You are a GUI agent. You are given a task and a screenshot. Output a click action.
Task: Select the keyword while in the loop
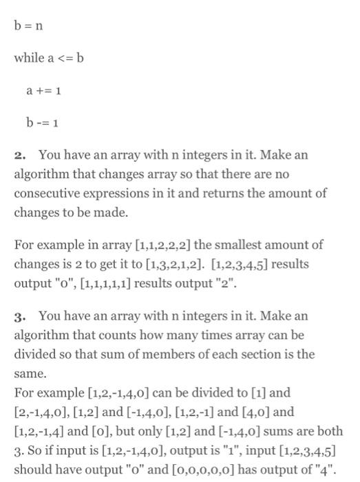[x=28, y=58]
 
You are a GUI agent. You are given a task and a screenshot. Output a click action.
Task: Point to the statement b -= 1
[x=41, y=124]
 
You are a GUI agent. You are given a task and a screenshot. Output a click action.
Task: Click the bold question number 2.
[x=20, y=155]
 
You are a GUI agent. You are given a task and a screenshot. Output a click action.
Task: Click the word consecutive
[x=46, y=193]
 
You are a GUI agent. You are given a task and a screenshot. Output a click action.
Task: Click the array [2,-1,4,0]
[x=41, y=412]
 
